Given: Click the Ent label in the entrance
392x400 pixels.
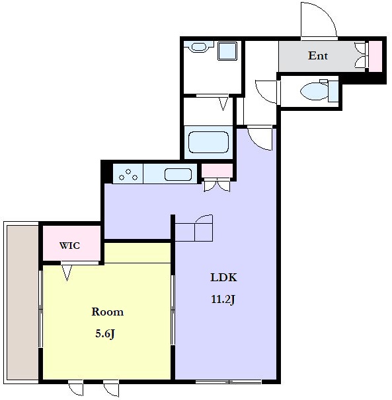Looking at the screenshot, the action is click(x=318, y=55).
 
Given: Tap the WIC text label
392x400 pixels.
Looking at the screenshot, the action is click(x=70, y=246).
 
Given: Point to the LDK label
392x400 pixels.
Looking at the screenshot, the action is click(x=223, y=277).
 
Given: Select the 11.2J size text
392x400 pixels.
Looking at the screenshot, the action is click(x=223, y=299).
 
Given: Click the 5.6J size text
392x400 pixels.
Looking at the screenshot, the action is click(x=105, y=334).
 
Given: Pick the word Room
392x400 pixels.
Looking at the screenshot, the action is click(x=108, y=312).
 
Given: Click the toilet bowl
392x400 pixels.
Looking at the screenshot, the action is click(x=314, y=91).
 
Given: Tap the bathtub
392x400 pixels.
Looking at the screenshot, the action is click(x=208, y=143).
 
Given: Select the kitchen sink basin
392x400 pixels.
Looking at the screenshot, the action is click(x=178, y=174).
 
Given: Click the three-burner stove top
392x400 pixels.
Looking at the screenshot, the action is click(x=128, y=174).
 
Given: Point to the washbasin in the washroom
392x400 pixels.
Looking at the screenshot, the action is click(x=198, y=47).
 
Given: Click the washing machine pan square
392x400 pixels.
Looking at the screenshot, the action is click(x=227, y=51).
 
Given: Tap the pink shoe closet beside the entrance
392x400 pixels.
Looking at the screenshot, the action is click(x=375, y=56).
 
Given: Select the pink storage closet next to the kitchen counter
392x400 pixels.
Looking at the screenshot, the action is click(x=217, y=171).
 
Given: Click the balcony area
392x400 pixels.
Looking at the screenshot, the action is click(x=22, y=302).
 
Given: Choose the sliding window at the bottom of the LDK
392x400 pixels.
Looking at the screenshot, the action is click(x=229, y=382).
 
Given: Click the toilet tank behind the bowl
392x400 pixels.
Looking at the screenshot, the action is click(x=333, y=91).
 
